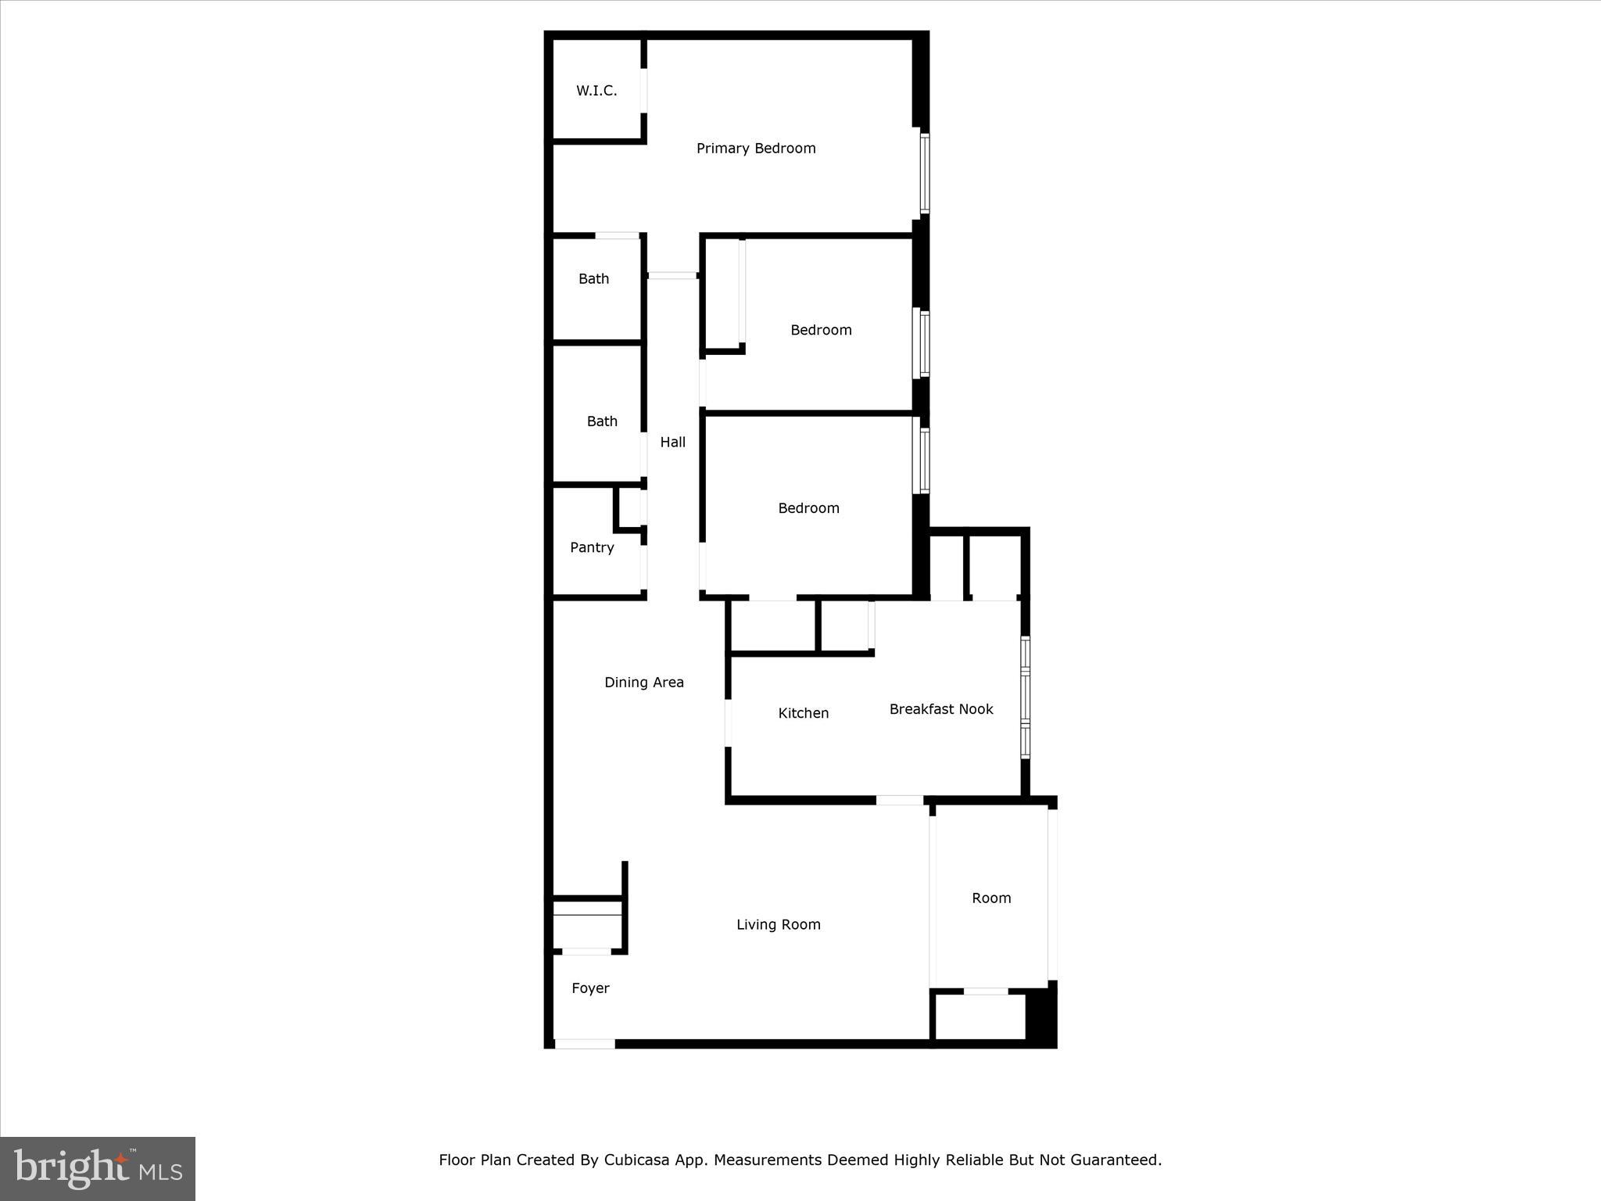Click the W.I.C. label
tap(596, 91)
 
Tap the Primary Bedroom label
tap(756, 149)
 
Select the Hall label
tap(672, 443)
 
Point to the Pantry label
tap(592, 547)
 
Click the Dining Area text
tap(643, 683)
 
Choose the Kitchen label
tap(803, 713)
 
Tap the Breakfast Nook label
tap(941, 709)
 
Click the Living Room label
tap(778, 925)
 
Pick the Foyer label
tap(590, 988)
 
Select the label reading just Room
tap(991, 898)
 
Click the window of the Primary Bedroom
tap(924, 174)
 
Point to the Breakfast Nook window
tap(1025, 697)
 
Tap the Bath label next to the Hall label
tap(602, 421)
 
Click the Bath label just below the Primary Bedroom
tap(593, 279)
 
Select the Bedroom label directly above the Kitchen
tap(808, 508)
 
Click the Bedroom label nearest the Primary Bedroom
tap(821, 330)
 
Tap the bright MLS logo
tap(98, 1169)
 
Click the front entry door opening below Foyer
tap(585, 1043)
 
